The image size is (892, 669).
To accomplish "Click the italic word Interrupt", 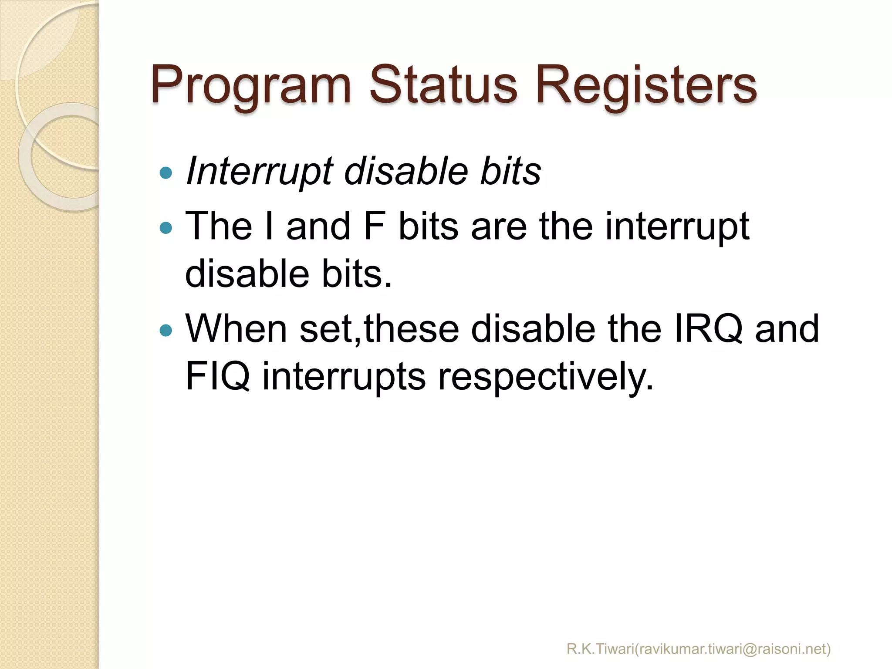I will (260, 172).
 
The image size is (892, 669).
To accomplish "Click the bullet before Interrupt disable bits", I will (166, 173).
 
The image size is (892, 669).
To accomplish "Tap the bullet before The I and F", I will (166, 227).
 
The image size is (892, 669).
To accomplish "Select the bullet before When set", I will (166, 330).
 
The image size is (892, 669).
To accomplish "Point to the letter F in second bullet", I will (374, 226).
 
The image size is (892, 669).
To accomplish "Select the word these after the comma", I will (412, 329).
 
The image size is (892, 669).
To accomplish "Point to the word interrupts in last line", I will (344, 377).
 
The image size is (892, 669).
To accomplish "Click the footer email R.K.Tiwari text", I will (699, 649).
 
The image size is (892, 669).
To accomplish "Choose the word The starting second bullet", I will (219, 226).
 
